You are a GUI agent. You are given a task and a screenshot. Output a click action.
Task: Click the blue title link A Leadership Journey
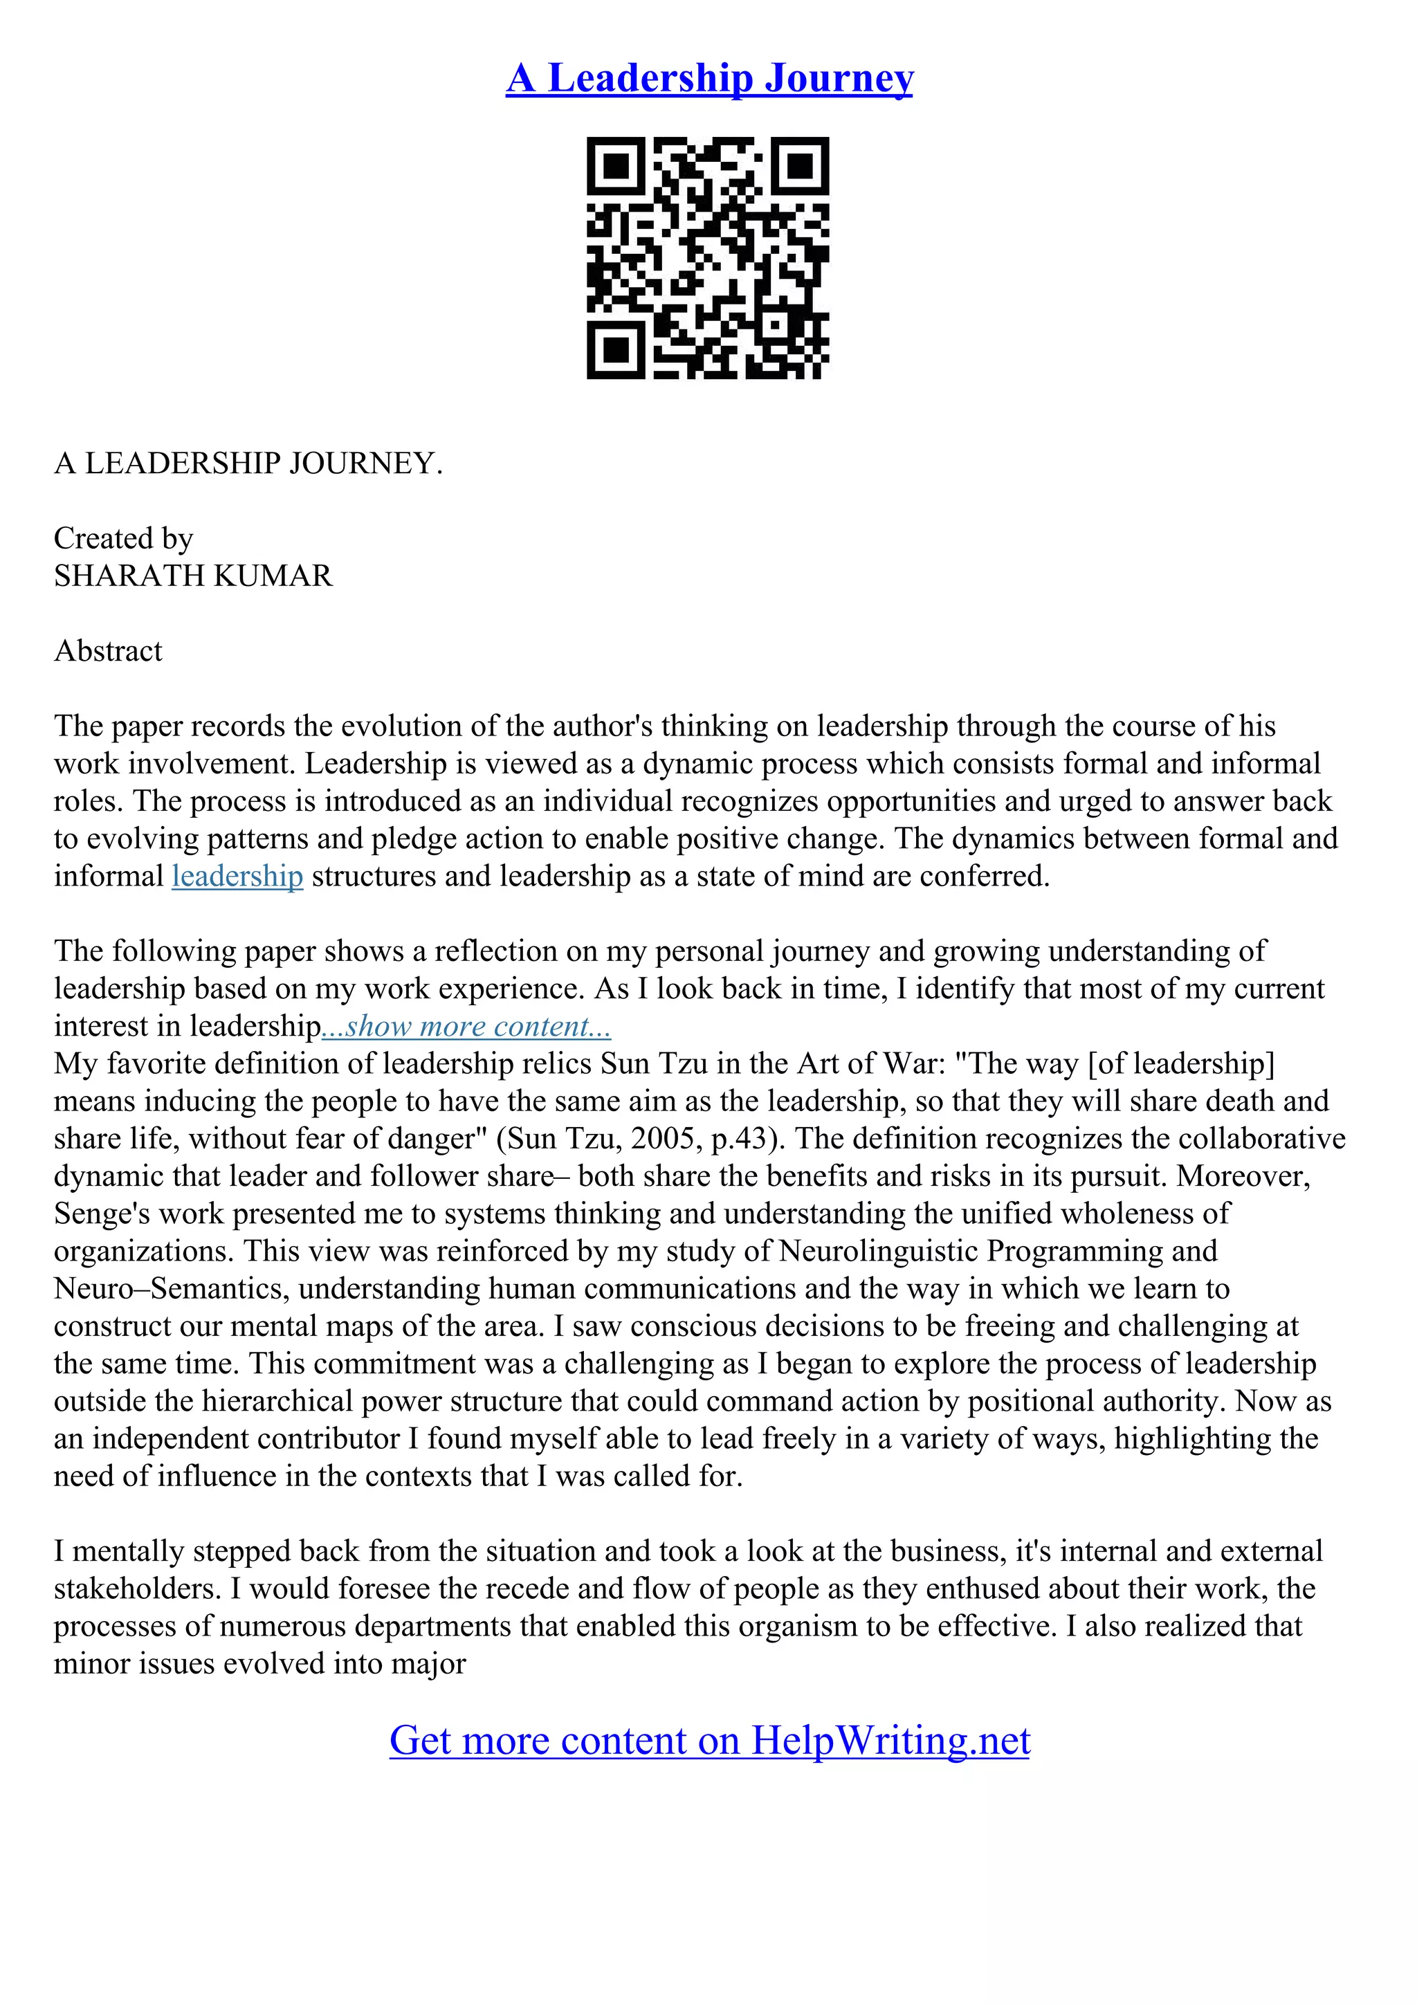[709, 79]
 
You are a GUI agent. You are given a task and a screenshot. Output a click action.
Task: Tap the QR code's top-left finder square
[616, 166]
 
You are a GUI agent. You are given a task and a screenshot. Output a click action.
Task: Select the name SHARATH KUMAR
[193, 576]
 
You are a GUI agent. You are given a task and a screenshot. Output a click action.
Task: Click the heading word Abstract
[108, 652]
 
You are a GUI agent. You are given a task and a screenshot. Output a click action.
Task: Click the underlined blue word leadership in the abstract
[237, 876]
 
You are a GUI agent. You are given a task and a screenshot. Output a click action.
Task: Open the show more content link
[466, 1026]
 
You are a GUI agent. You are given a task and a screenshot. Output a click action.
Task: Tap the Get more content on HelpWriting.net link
[709, 1741]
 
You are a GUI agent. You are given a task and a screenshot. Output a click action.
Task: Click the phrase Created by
[123, 539]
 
